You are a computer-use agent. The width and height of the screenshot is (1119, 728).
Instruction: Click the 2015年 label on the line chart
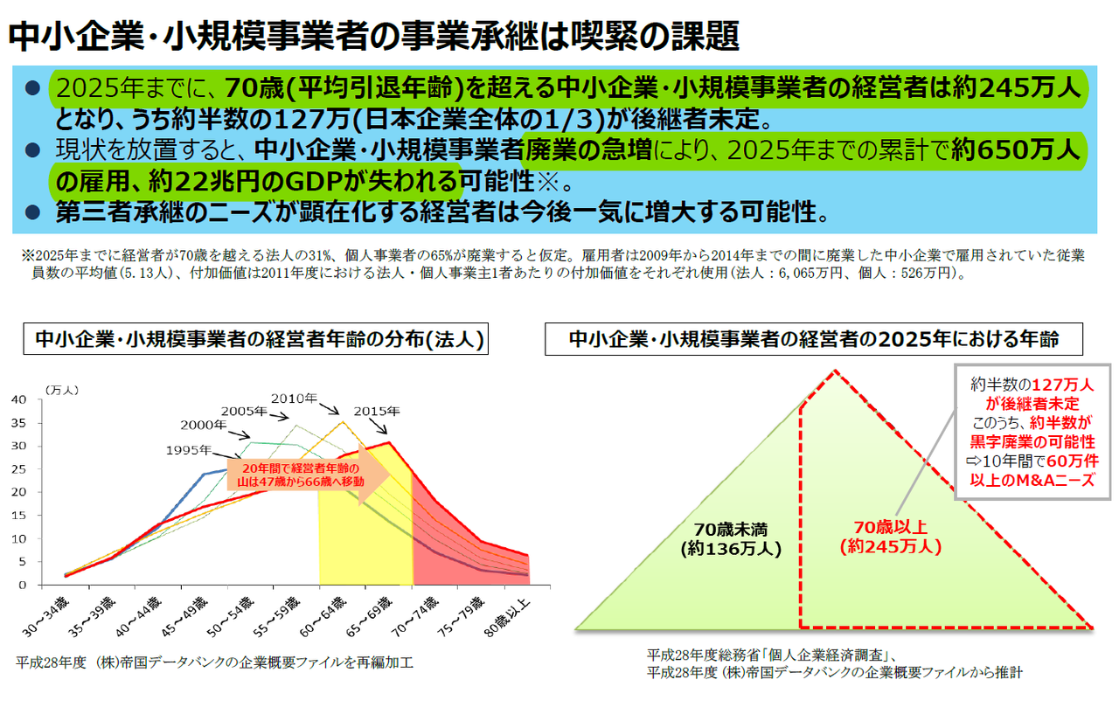click(378, 411)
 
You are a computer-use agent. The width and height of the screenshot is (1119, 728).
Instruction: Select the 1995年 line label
click(189, 451)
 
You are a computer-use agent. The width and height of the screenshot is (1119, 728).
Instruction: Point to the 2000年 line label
click(204, 425)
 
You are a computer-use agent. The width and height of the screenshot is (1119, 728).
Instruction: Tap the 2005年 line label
click(244, 410)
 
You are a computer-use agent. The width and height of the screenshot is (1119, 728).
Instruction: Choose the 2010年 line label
click(293, 399)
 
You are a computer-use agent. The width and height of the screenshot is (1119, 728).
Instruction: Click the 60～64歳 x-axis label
click(330, 616)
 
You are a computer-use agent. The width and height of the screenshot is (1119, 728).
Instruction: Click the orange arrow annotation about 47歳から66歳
click(306, 476)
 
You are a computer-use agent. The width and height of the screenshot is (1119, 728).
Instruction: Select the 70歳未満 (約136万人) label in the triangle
click(731, 539)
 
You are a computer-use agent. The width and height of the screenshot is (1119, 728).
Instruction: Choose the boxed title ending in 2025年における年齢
click(814, 339)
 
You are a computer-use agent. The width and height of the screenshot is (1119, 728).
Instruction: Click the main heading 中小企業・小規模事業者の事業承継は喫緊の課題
click(373, 35)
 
